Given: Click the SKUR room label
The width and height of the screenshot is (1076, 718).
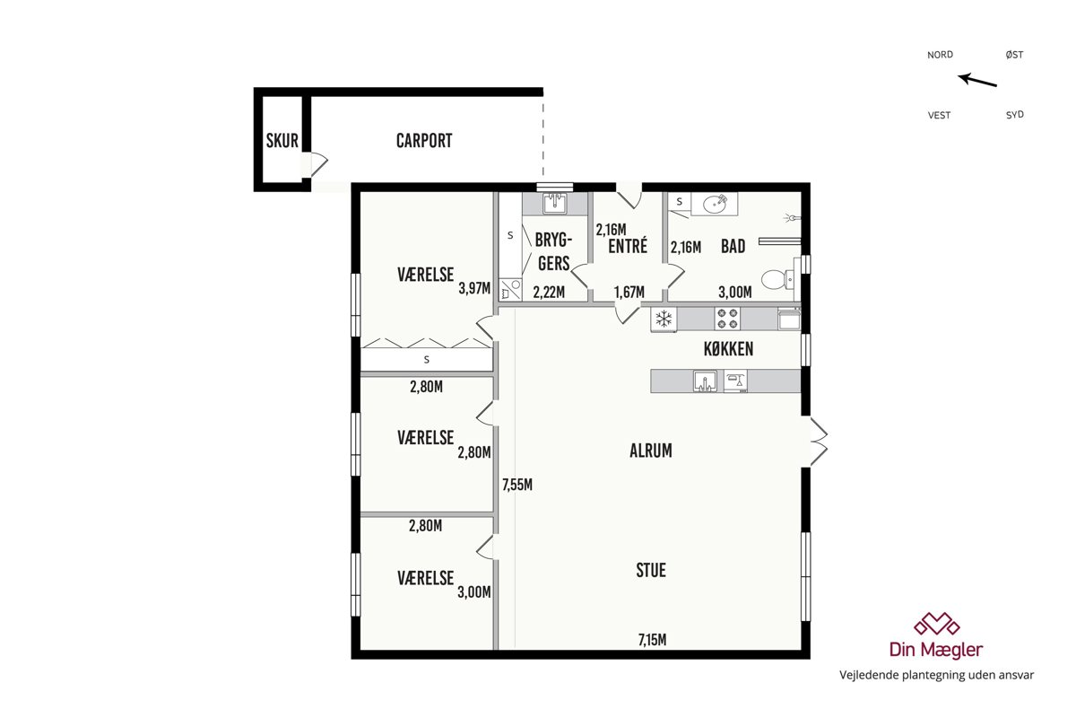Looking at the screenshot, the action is [x=282, y=140].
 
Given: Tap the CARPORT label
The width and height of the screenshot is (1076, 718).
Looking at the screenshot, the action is [x=424, y=140].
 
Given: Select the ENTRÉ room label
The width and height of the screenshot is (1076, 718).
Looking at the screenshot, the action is [x=628, y=246].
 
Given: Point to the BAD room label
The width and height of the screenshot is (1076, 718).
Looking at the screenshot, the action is [x=733, y=246].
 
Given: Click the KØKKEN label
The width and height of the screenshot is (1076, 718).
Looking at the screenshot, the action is [x=728, y=349].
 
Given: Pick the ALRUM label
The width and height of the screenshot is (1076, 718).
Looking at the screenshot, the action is [x=651, y=451].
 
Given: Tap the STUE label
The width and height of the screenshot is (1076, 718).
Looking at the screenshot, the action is [x=651, y=570].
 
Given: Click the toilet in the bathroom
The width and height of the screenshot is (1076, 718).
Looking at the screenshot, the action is [x=778, y=279].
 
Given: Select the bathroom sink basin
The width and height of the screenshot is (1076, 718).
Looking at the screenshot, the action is [x=715, y=205].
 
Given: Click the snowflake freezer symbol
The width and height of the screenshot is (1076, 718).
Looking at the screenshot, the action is [x=664, y=319].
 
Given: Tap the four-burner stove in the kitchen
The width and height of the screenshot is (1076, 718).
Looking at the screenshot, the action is [x=727, y=319].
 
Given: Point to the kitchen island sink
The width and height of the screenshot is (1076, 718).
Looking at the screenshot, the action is [x=705, y=381].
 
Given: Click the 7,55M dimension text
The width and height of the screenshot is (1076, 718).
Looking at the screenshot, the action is [x=517, y=485].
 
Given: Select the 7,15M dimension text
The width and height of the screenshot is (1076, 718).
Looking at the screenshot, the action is [x=653, y=640].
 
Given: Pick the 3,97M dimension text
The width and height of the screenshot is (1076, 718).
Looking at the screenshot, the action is [x=474, y=288].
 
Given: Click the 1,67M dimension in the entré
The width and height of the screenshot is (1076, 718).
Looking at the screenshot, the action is [x=629, y=292].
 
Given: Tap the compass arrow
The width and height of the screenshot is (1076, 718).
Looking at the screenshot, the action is [x=977, y=80].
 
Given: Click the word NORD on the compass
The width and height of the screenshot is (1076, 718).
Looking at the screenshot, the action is [x=940, y=55].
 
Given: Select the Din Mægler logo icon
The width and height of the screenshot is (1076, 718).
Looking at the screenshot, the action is [x=937, y=623].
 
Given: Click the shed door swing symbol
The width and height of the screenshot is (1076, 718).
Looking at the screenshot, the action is [x=318, y=164].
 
